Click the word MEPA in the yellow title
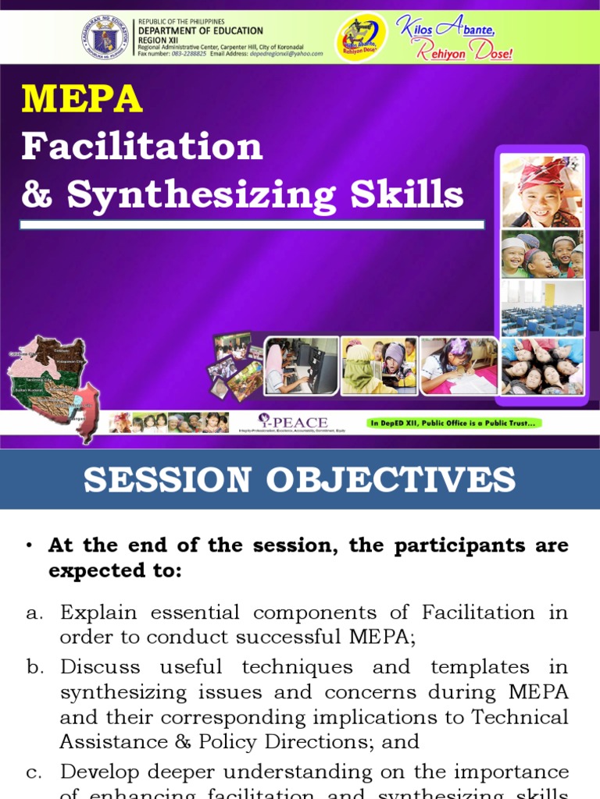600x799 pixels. (82, 99)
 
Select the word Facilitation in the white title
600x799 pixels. (141, 146)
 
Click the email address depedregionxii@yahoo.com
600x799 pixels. (278, 54)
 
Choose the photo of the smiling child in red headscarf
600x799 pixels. (541, 190)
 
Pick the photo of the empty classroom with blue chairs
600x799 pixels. (541, 307)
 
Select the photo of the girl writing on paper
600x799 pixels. (459, 366)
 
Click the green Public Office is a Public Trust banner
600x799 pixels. (454, 424)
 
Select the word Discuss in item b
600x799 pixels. (100, 667)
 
